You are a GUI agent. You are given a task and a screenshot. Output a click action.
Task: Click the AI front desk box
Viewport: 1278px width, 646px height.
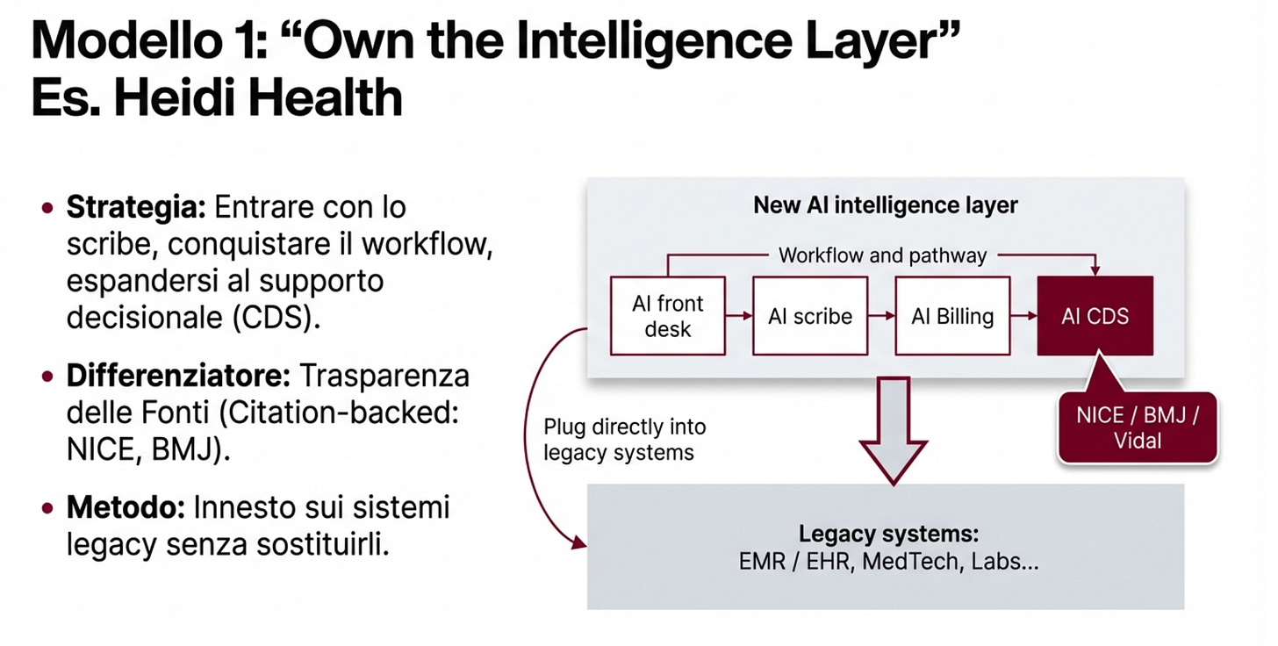(x=667, y=316)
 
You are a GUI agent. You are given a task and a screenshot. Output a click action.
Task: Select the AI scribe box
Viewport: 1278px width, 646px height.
(x=809, y=316)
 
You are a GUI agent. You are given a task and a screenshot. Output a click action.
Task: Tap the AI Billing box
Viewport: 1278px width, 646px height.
(x=952, y=316)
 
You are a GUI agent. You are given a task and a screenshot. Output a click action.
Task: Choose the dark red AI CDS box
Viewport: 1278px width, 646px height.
(x=1095, y=316)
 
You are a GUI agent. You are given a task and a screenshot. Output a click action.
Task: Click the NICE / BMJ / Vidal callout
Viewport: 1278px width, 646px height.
(x=1138, y=427)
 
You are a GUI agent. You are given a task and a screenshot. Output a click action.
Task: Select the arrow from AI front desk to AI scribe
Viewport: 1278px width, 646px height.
(x=739, y=316)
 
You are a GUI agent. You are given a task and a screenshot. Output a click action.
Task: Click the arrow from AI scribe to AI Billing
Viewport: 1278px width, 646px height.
(x=880, y=316)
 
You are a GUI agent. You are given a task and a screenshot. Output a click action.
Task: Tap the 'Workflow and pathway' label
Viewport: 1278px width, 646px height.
(x=882, y=256)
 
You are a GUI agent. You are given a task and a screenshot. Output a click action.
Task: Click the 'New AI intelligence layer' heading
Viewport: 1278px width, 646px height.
(x=885, y=205)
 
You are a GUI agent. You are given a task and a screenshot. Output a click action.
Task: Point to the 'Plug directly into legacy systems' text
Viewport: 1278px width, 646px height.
(x=624, y=440)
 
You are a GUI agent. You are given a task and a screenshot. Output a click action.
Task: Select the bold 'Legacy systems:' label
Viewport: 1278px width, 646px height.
(x=888, y=534)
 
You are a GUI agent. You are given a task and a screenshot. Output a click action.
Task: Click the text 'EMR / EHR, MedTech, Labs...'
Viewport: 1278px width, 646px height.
(x=889, y=563)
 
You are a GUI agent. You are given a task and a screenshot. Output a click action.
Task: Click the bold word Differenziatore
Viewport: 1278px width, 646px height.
(x=178, y=376)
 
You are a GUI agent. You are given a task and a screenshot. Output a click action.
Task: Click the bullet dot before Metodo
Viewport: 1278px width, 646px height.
(x=47, y=508)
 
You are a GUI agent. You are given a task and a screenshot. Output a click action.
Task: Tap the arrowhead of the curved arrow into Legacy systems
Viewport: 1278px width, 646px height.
(x=579, y=543)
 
